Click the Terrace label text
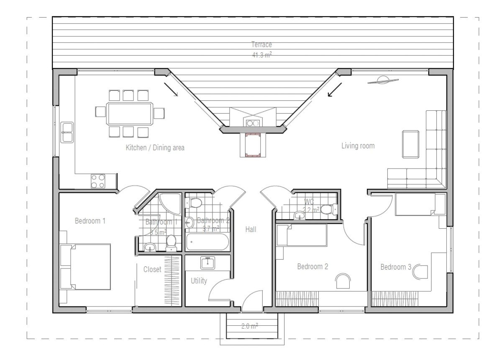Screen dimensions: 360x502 click(x=262, y=45)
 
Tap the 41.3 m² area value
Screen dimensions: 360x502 click(x=262, y=55)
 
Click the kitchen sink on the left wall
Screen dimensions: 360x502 click(x=67, y=132)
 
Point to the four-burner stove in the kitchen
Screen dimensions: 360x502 click(x=98, y=181)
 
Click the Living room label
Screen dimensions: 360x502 click(x=358, y=146)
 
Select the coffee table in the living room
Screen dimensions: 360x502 click(x=410, y=144)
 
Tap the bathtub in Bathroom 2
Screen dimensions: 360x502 click(x=207, y=242)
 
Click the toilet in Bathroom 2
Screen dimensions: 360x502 click(x=195, y=203)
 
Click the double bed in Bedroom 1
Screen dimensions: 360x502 click(x=87, y=267)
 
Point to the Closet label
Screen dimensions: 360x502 click(x=152, y=270)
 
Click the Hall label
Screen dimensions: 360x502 click(x=251, y=229)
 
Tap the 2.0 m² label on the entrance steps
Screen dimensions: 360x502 click(x=249, y=326)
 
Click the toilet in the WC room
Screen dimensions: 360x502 click(x=329, y=209)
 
